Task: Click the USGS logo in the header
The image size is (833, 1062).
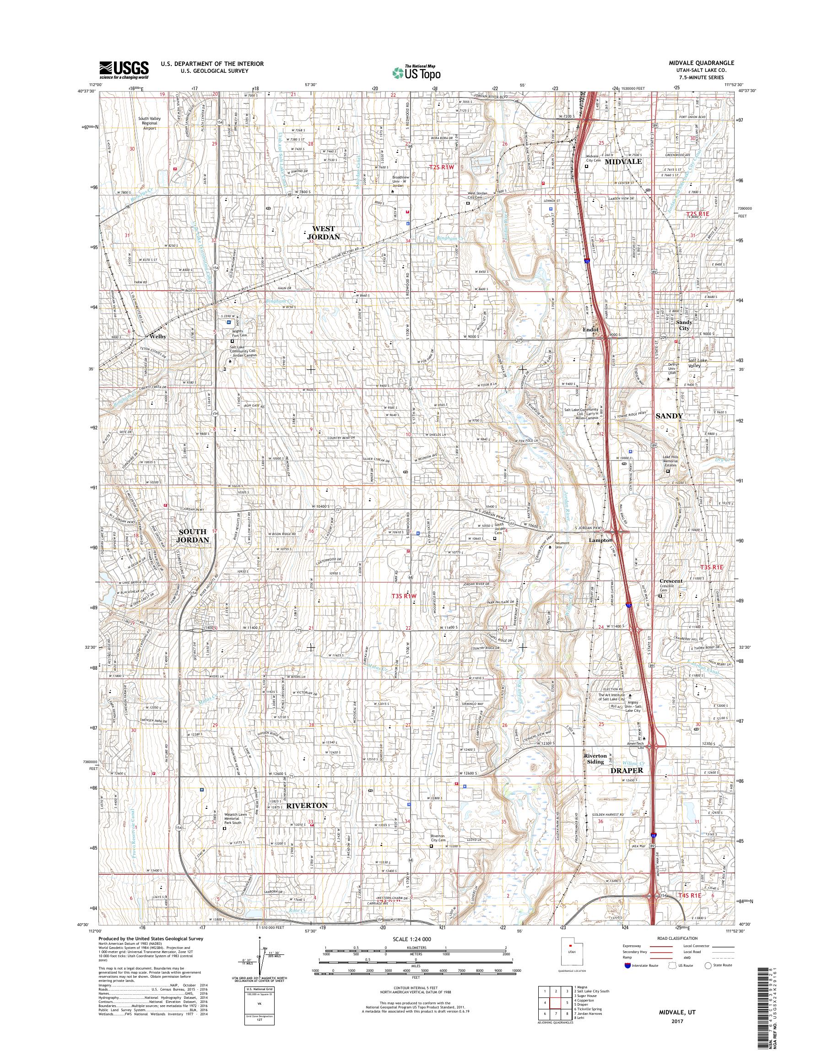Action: [124, 70]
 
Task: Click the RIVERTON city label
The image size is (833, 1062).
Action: [307, 805]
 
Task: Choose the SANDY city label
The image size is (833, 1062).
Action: [669, 416]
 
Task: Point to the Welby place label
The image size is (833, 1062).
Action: [158, 336]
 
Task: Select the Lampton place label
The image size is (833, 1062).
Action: [600, 541]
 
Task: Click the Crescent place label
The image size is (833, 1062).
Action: [671, 581]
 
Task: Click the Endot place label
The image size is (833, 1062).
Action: [590, 329]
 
